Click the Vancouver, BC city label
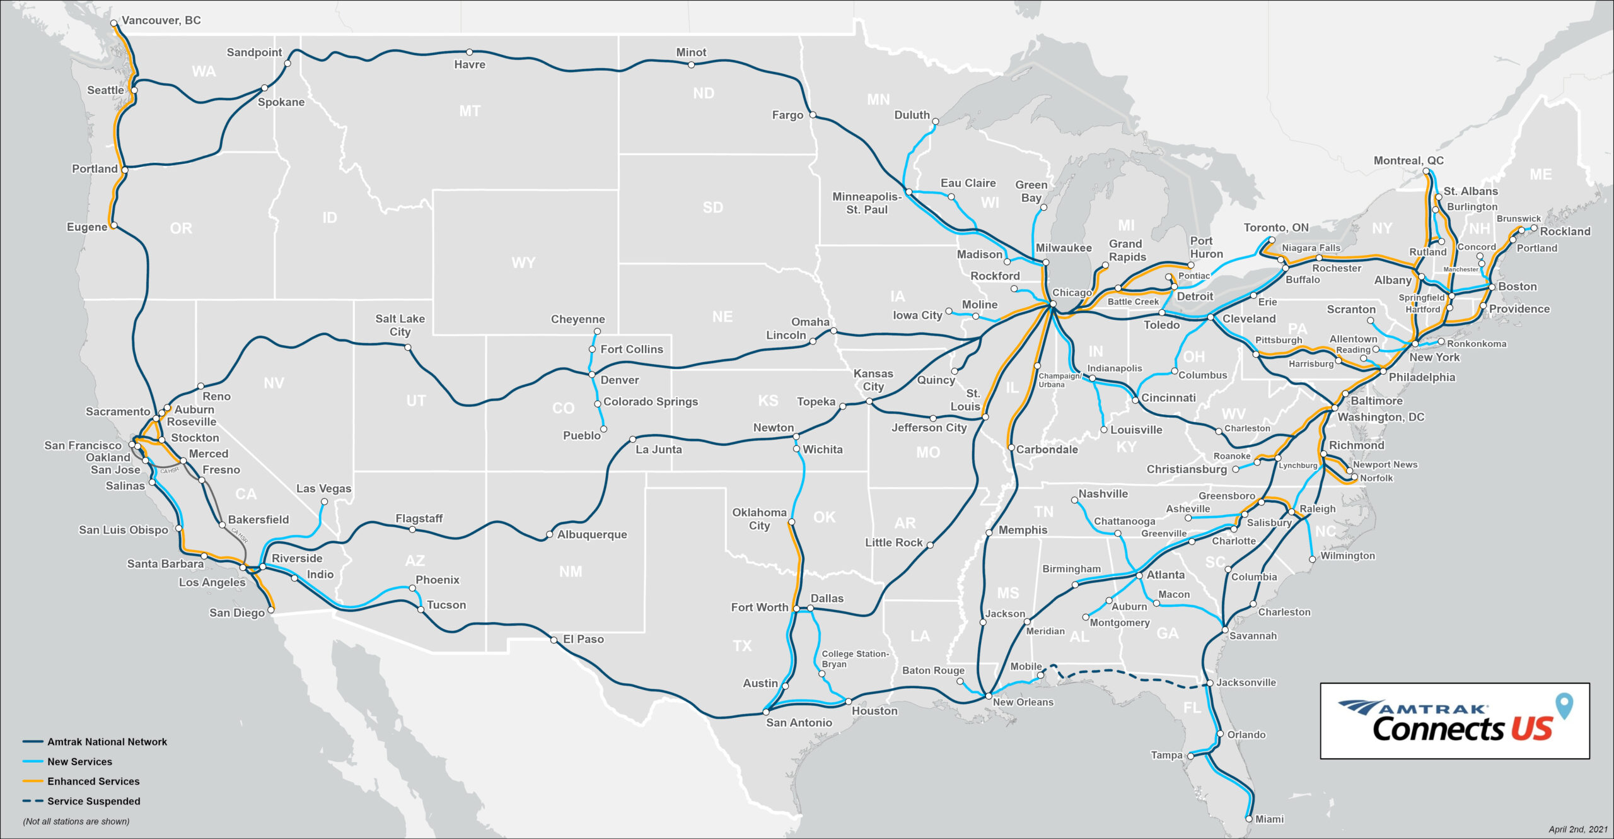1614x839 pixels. (x=161, y=20)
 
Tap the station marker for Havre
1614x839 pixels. (x=470, y=52)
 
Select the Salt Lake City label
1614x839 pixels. (x=400, y=325)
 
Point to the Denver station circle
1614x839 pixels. (x=592, y=375)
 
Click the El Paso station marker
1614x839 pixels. (x=554, y=640)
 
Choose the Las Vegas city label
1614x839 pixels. (x=323, y=488)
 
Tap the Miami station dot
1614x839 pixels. (x=1248, y=819)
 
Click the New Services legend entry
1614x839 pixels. (x=79, y=761)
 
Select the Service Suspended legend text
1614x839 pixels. (x=93, y=801)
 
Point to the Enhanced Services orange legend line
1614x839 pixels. (x=33, y=781)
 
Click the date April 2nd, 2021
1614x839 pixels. (x=1578, y=829)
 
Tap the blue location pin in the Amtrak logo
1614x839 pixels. (x=1564, y=706)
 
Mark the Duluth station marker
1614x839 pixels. (x=936, y=122)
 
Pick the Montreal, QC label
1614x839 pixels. (x=1408, y=161)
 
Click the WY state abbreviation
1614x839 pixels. (x=523, y=262)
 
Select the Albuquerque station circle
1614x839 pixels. (x=550, y=536)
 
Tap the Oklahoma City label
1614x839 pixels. (x=759, y=519)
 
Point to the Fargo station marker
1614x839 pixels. (x=813, y=115)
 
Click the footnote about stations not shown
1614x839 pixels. (x=76, y=821)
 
